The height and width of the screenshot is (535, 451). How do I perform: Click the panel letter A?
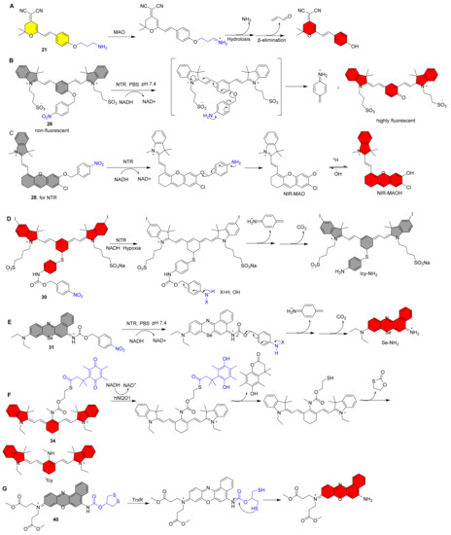[x=8, y=7]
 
